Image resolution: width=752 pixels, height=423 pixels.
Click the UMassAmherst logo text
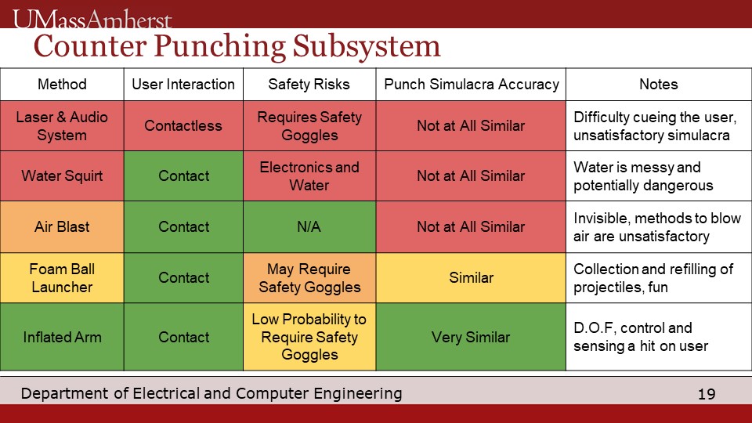[92, 20]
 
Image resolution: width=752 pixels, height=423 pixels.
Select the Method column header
[62, 85]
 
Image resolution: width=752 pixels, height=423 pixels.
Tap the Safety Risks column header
[309, 85]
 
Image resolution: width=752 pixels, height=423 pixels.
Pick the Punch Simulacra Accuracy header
[471, 85]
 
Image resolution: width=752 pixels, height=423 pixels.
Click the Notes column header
[659, 85]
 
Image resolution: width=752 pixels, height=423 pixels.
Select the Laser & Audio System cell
[62, 126]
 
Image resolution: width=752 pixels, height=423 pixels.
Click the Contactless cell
[183, 126]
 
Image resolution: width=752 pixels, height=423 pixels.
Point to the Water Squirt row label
[62, 176]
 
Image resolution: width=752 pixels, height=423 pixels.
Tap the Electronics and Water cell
[309, 176]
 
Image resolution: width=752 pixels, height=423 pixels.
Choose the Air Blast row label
[62, 227]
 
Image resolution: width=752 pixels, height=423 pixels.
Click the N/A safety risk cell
[309, 227]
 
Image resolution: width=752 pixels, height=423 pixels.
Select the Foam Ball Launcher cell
[62, 277]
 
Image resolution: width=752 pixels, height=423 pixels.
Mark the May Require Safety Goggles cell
[309, 277]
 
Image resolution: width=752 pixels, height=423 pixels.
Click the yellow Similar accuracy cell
[471, 277]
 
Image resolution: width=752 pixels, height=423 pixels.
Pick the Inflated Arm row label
[62, 337]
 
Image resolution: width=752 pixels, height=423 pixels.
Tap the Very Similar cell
[471, 337]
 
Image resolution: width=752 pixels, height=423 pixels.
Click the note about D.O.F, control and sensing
[641, 337]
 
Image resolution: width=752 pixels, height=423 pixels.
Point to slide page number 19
[707, 394]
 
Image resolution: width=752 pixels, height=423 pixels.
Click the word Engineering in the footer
[358, 394]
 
